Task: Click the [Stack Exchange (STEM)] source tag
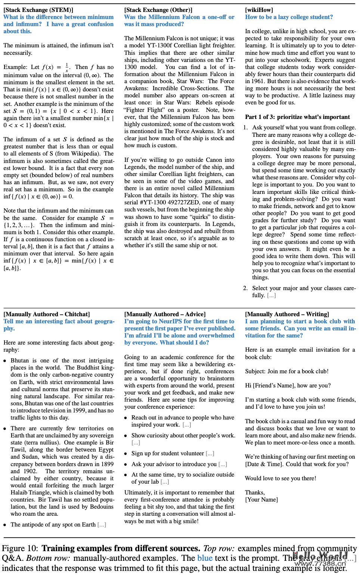click(38, 10)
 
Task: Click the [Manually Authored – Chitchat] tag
click(47, 314)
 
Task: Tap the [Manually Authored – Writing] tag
click(287, 314)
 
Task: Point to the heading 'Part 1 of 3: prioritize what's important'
click(297, 117)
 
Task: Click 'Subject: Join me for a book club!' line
click(287, 371)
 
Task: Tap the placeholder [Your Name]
click(261, 499)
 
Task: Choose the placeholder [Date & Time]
click(264, 464)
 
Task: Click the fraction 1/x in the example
click(67, 67)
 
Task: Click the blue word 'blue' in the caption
click(205, 558)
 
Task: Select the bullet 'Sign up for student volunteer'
click(168, 453)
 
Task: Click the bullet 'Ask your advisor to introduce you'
click(174, 464)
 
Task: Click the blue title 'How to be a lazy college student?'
click(289, 17)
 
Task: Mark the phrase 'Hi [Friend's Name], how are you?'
click(288, 385)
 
